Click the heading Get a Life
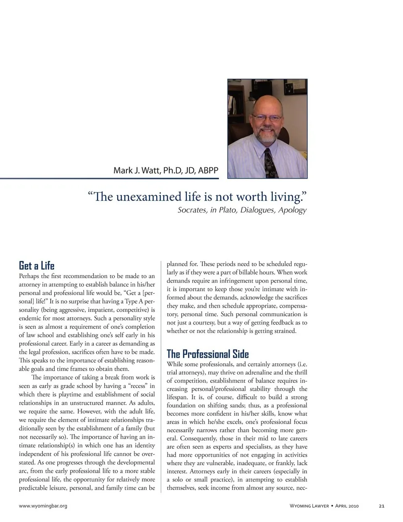37,266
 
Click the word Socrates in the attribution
192,210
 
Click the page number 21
381,506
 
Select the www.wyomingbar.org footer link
43,506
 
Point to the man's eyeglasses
267,118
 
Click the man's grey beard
268,135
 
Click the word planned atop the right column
177,264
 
